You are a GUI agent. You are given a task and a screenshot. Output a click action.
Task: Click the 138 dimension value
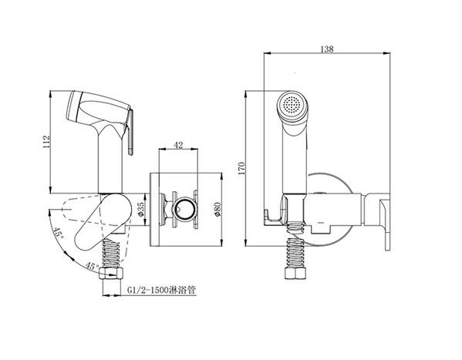pos(327,49)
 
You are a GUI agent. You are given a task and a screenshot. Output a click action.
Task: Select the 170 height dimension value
pos(241,168)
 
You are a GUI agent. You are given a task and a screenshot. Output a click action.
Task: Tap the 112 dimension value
pos(47,142)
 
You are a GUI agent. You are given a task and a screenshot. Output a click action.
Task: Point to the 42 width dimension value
pos(179,145)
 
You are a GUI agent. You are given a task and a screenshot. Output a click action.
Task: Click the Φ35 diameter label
pos(141,210)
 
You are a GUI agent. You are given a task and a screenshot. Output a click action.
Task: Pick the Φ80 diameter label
pos(218,210)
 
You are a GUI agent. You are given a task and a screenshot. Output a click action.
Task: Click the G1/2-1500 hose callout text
pos(161,290)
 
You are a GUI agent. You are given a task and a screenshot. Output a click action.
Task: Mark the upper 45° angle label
pos(59,233)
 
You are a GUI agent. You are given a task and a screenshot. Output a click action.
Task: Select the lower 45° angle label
pos(93,266)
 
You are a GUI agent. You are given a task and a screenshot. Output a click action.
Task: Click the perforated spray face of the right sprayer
pos(292,104)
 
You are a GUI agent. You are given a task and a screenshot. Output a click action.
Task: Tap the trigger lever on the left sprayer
pos(130,132)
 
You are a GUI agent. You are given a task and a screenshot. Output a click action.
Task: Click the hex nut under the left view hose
pos(111,273)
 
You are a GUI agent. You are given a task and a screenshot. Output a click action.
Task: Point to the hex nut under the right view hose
pos(296,273)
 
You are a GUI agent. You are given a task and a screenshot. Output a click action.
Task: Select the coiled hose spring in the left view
pos(111,253)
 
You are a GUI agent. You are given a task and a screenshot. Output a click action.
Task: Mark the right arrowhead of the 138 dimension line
pos(387,53)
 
